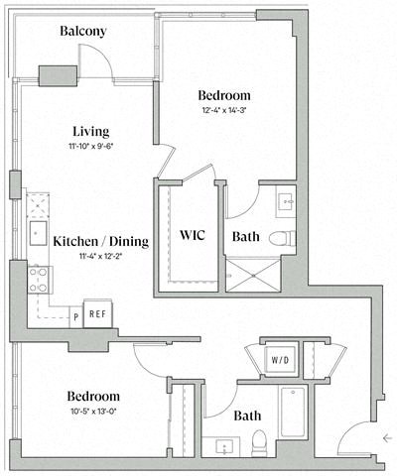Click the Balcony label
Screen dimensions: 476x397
82,32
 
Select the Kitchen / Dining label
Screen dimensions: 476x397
100,240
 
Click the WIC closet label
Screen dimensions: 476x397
192,236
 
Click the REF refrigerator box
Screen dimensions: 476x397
97,313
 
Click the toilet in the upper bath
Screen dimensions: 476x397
281,237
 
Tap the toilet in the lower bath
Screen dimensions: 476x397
259,441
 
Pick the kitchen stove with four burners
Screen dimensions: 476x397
39,278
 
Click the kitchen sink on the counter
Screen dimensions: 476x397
37,205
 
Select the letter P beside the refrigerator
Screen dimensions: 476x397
75,316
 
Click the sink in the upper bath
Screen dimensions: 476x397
285,201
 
